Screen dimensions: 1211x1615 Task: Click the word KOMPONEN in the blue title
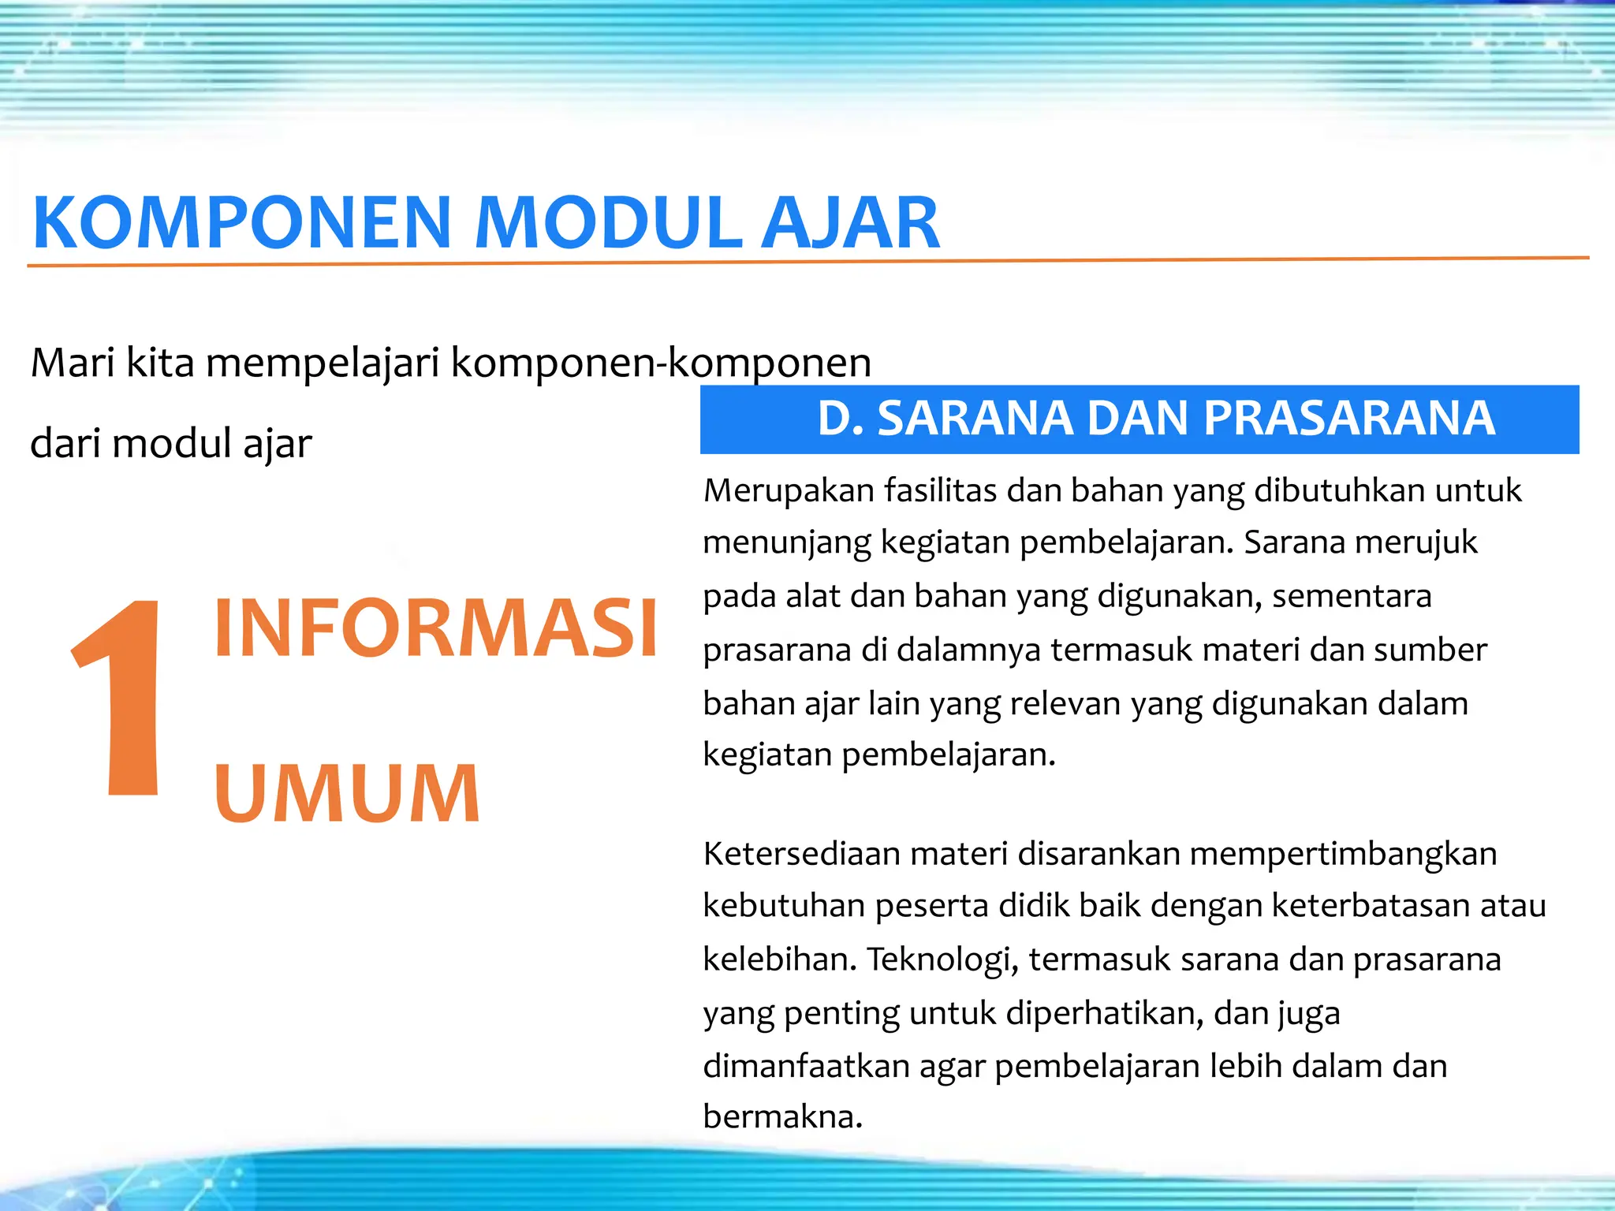coord(241,223)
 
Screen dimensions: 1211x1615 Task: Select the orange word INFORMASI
coord(435,628)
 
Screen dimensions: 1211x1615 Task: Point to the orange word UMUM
coord(347,794)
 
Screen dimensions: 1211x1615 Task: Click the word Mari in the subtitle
coord(72,363)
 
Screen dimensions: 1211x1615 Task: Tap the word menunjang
coord(786,544)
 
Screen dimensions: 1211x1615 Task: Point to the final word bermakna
coord(781,1117)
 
